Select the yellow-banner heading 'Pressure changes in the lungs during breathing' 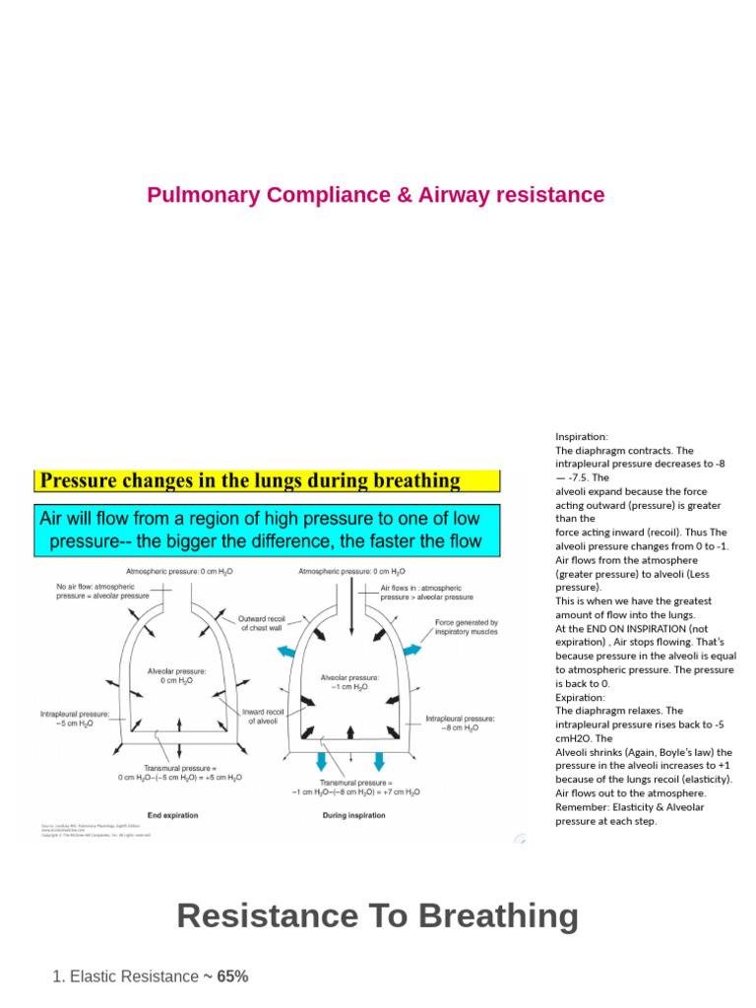(249, 481)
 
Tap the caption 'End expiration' (172, 815)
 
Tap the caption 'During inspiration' (353, 815)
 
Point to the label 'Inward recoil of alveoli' (264, 716)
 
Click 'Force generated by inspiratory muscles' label (467, 627)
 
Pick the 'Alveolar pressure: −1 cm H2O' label (349, 682)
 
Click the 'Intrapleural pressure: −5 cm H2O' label (75, 719)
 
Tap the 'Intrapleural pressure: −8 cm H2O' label (460, 724)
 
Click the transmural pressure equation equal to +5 (180, 773)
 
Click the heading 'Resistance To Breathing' (377, 915)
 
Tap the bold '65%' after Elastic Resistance (232, 976)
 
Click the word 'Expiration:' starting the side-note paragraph (581, 696)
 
